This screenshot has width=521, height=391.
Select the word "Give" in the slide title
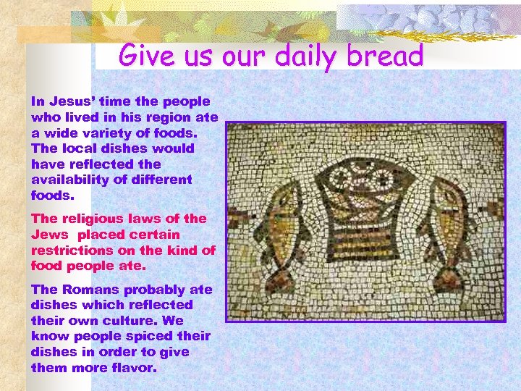145,56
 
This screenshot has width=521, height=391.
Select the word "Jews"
50,235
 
